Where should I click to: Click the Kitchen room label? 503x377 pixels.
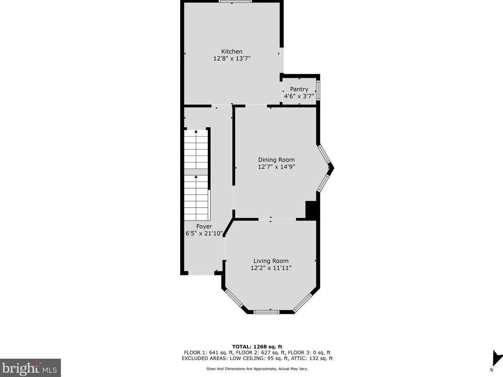point(232,51)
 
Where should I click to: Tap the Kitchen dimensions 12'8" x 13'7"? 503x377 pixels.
point(232,58)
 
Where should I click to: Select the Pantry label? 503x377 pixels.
point(299,89)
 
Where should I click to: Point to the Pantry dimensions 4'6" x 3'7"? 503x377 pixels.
point(299,96)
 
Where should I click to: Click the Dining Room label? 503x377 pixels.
point(276,160)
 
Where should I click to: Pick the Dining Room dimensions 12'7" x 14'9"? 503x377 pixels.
point(276,166)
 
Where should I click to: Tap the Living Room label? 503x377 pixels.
point(271,261)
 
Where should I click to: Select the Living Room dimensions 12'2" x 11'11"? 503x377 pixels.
point(271,268)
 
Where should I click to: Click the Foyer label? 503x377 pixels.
point(204,226)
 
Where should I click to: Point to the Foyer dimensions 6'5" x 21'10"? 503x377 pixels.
point(204,233)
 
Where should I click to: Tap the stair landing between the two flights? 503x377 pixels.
point(196,172)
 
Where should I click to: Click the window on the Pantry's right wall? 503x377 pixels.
point(318,90)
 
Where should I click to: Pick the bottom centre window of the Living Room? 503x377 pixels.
point(266,312)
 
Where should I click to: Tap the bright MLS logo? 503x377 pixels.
point(30,368)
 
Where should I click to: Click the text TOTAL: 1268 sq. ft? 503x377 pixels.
point(257,347)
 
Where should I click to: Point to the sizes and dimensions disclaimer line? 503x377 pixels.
point(257,369)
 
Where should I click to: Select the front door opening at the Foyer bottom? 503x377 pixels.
point(201,273)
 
